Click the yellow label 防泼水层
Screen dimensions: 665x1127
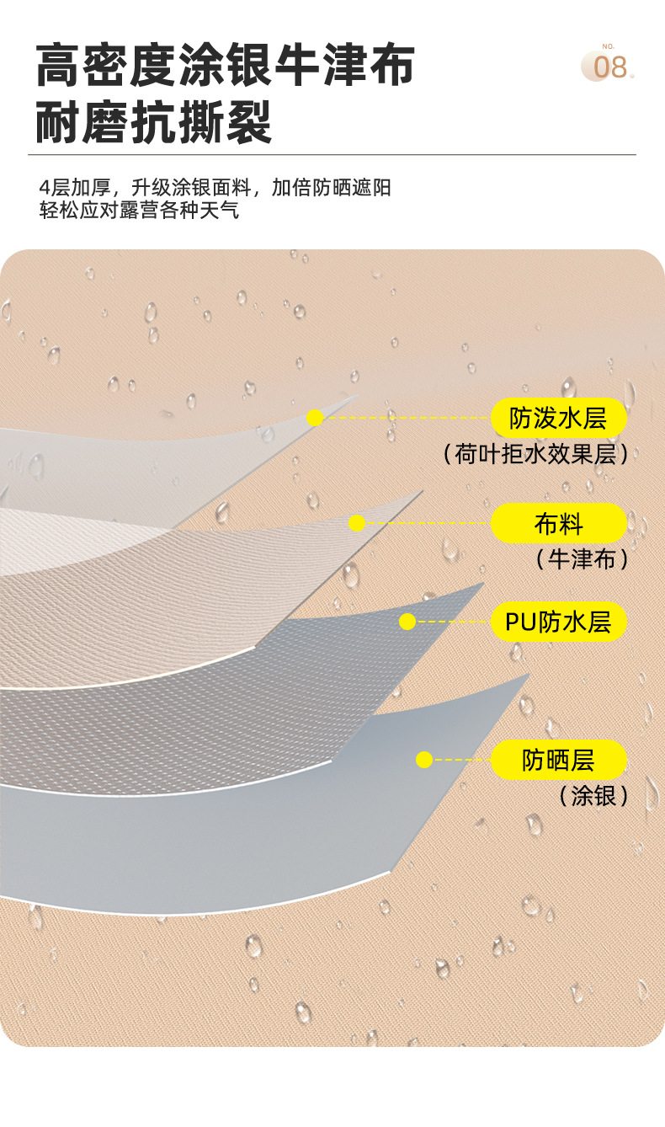pyautogui.click(x=559, y=418)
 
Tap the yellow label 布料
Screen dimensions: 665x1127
pyautogui.click(x=559, y=524)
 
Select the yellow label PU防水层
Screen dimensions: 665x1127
pyautogui.click(x=559, y=622)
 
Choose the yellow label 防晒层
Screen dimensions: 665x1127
pyautogui.click(x=559, y=760)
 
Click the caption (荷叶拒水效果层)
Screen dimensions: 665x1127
pyautogui.click(x=536, y=455)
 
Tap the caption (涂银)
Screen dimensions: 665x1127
pyautogui.click(x=594, y=795)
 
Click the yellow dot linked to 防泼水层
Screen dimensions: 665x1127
pyautogui.click(x=315, y=418)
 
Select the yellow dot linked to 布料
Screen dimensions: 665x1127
pyautogui.click(x=357, y=523)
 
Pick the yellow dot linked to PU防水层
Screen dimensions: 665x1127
pyautogui.click(x=407, y=622)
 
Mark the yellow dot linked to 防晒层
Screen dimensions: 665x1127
pyautogui.click(x=424, y=760)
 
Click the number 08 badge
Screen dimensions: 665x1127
pyautogui.click(x=608, y=66)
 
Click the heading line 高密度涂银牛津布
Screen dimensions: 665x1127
pyautogui.click(x=226, y=67)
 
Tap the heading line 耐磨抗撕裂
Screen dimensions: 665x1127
pyautogui.click(x=155, y=123)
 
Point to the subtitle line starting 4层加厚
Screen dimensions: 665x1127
pyautogui.click(x=215, y=187)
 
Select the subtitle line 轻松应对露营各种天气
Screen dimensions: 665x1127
pyautogui.click(x=140, y=210)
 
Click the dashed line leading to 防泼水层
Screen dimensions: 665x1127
pyautogui.click(x=404, y=418)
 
